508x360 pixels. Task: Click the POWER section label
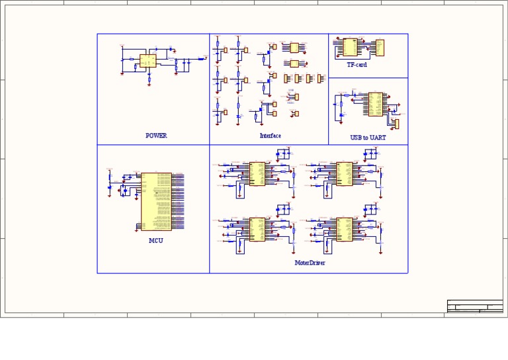tap(156, 136)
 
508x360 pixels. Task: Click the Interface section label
tap(270, 136)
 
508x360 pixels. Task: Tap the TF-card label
tap(357, 65)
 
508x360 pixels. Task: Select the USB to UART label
tap(368, 138)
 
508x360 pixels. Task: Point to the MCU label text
tap(155, 241)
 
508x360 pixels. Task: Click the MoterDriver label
tap(310, 263)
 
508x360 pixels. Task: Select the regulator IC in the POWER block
tap(148, 61)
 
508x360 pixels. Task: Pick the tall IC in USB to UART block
tap(376, 105)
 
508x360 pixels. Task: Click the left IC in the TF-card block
tap(350, 47)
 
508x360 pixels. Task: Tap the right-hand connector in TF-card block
tap(380, 48)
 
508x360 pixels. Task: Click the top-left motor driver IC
tap(257, 173)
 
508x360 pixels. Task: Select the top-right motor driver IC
tap(344, 173)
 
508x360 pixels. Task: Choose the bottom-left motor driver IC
tap(257, 229)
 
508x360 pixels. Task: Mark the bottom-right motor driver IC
tap(344, 229)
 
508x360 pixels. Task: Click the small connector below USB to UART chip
tap(397, 124)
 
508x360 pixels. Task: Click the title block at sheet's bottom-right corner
tap(474, 306)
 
